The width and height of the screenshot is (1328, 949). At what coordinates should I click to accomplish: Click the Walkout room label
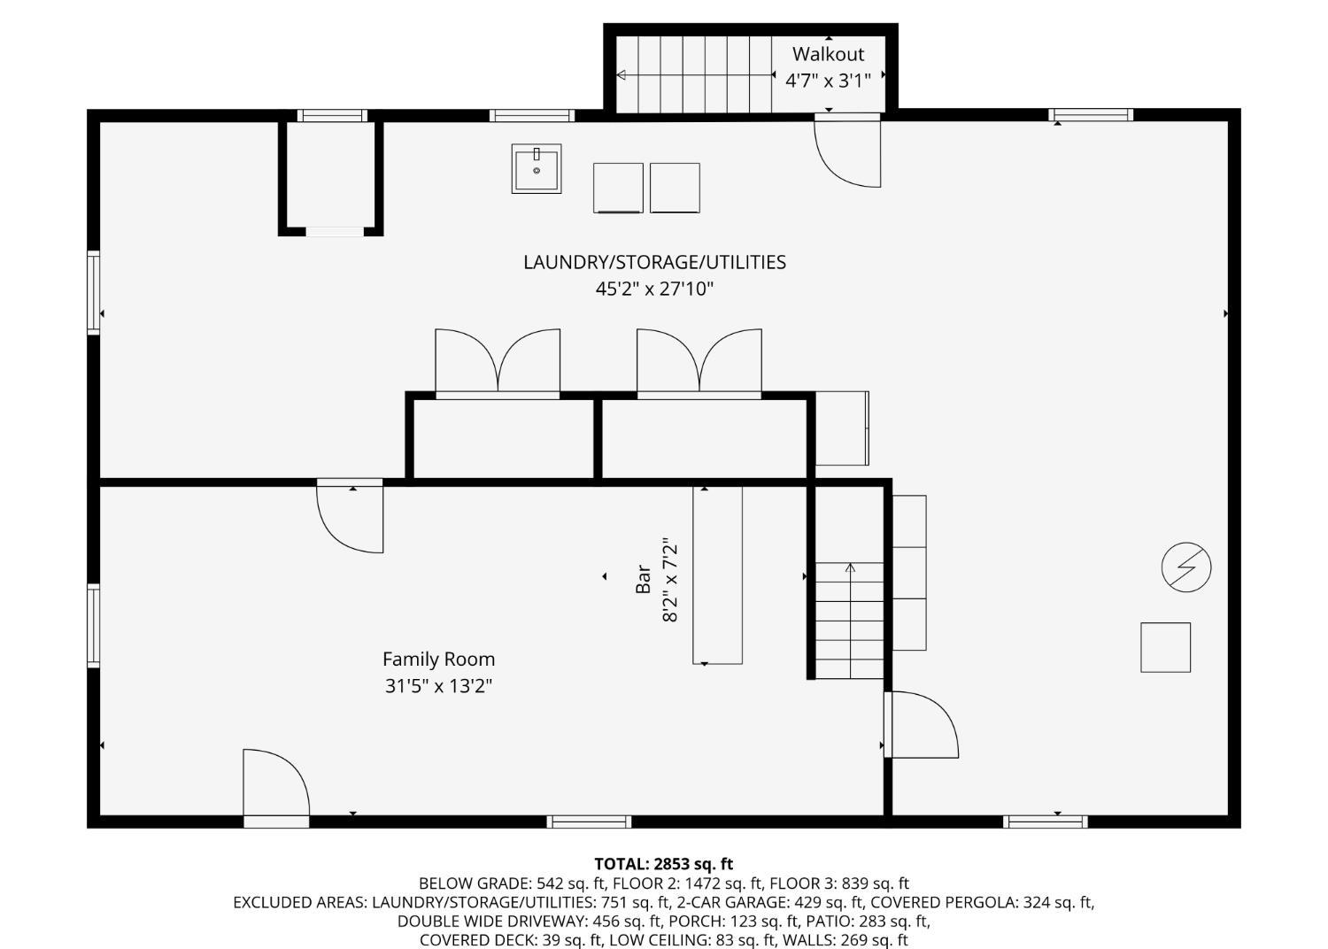click(x=828, y=54)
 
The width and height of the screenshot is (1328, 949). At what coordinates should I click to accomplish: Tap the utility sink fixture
click(x=537, y=169)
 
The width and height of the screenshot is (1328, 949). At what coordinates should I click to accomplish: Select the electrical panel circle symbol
click(x=1185, y=567)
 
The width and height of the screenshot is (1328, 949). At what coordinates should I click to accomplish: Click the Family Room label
click(x=439, y=660)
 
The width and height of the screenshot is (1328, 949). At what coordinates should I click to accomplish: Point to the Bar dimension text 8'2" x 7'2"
click(x=670, y=580)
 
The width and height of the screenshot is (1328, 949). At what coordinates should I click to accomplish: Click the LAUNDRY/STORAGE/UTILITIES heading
click(x=654, y=262)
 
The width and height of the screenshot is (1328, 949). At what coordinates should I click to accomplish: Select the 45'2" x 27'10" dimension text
click(x=654, y=289)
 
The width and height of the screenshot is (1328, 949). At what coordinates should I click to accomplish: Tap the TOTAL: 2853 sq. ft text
click(x=664, y=864)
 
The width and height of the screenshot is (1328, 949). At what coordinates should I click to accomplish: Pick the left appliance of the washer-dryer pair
click(x=618, y=188)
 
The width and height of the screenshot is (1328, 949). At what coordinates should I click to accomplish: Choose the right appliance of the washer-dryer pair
click(x=675, y=188)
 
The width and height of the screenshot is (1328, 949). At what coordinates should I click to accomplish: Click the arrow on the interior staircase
click(x=850, y=620)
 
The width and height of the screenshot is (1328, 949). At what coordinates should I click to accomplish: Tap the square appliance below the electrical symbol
click(x=1166, y=647)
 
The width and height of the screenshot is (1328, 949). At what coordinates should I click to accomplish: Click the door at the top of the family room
click(x=350, y=516)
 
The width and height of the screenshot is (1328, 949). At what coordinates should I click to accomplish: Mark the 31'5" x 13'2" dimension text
click(x=439, y=686)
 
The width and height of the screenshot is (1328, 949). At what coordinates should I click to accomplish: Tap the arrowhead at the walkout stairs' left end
click(x=622, y=74)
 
